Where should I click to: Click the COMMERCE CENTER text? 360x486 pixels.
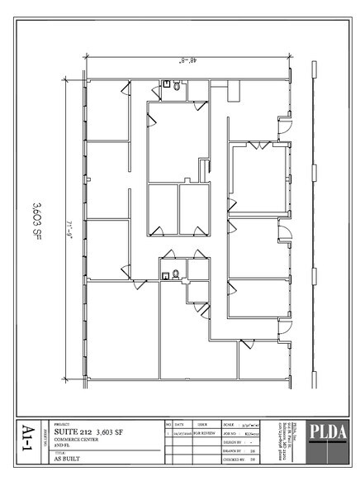[72, 439]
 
